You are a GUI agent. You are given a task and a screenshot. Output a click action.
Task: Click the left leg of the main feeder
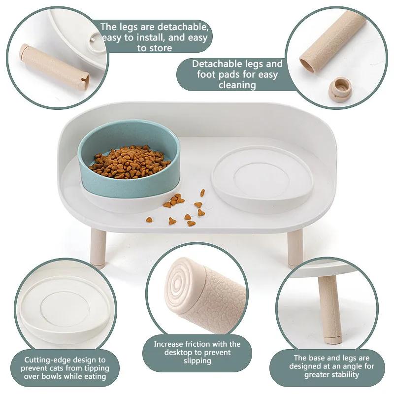pos(98,248)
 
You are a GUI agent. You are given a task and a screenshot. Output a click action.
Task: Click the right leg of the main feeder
pos(295,248)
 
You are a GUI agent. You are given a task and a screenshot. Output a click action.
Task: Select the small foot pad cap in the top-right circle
pos(340,88)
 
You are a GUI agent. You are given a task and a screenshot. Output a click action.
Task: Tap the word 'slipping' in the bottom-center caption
pos(197,361)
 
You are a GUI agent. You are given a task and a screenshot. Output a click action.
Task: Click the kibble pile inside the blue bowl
pos(129,161)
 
